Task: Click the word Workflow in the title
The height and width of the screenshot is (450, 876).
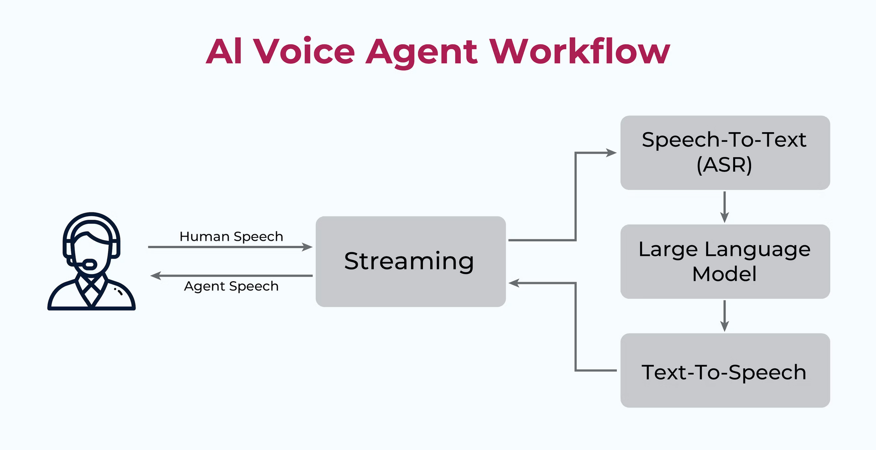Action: point(579,52)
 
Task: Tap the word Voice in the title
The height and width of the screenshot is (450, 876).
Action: point(304,52)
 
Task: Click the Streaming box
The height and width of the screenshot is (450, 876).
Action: point(410,261)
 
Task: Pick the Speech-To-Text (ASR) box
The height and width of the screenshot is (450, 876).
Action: point(725,152)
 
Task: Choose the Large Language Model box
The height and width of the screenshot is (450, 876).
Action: point(725,261)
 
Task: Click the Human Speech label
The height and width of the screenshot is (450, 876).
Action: point(231,237)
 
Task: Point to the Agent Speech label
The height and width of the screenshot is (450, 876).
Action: point(231,286)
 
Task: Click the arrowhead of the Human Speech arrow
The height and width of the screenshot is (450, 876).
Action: point(308,247)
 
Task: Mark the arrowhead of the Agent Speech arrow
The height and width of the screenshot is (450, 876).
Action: point(156,276)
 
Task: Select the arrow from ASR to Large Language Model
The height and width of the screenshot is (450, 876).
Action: point(724,207)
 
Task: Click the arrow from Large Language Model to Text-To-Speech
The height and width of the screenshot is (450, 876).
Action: point(724,316)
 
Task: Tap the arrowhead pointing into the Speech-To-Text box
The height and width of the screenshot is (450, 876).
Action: point(611,153)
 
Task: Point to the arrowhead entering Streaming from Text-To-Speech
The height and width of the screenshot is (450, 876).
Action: point(514,283)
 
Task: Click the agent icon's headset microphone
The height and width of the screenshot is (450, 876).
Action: point(90,264)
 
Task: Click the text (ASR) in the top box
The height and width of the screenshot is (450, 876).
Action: point(724,165)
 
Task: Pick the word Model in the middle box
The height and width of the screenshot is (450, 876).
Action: point(724,274)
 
